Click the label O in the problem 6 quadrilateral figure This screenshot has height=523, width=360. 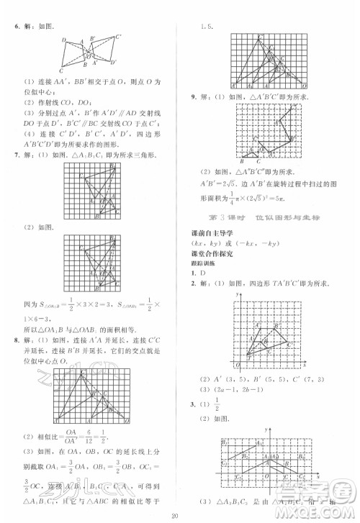click(91, 55)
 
